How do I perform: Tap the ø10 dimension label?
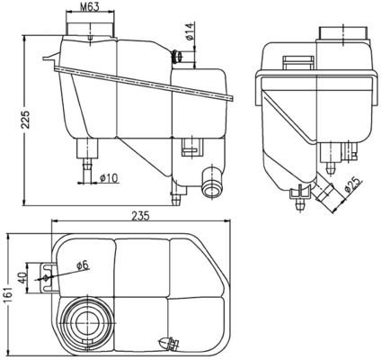point(109,176)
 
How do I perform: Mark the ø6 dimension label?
point(83,265)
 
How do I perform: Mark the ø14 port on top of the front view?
point(179,57)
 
